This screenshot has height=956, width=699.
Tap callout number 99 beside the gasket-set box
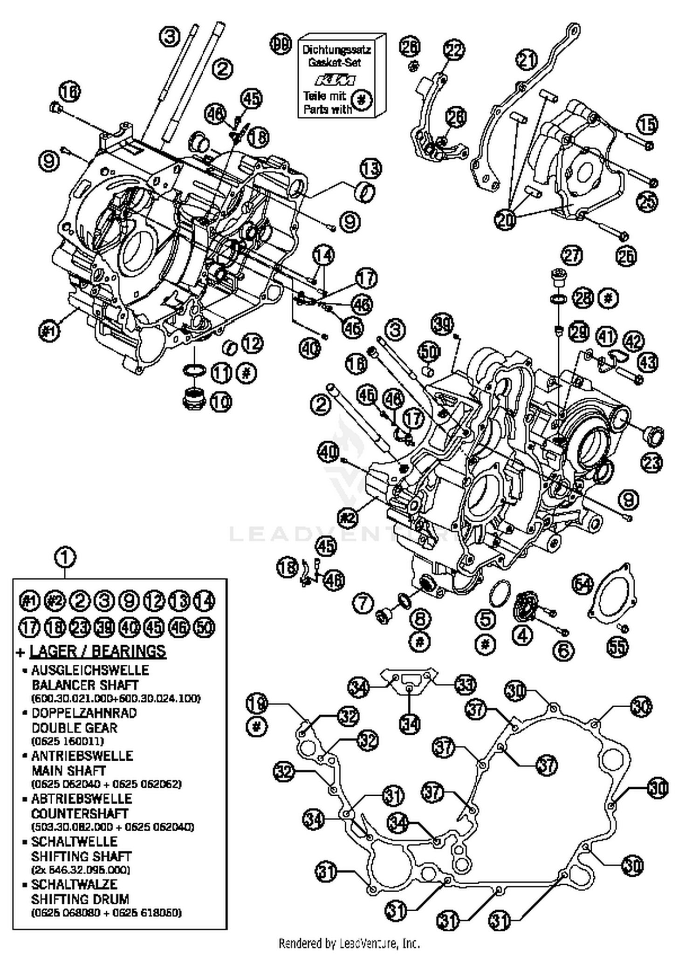(x=281, y=45)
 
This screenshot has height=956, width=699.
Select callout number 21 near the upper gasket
(x=527, y=60)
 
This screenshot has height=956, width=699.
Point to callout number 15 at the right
(x=647, y=124)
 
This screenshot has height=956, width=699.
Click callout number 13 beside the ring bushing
(x=370, y=169)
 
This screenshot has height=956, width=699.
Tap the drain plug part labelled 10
(x=193, y=398)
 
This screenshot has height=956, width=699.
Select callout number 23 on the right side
(x=651, y=462)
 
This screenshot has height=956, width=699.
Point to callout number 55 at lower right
(x=617, y=646)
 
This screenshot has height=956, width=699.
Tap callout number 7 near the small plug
(x=363, y=604)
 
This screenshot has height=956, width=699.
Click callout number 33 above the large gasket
(x=465, y=684)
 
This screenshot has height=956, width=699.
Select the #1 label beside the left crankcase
(x=49, y=332)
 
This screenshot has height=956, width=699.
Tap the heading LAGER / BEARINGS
(x=98, y=651)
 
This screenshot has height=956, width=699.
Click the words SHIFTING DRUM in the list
(x=80, y=899)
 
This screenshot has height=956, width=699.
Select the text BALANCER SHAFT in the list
(x=85, y=685)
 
